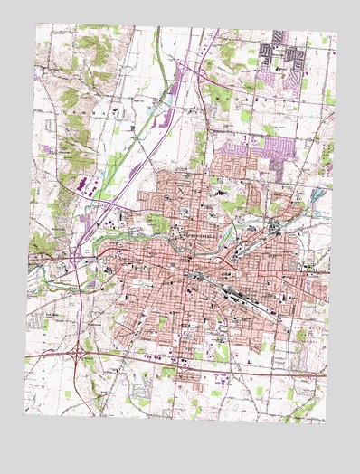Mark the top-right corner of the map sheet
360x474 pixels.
pyautogui.click(x=336, y=34)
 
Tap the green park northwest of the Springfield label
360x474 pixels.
pyautogui.click(x=158, y=223)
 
